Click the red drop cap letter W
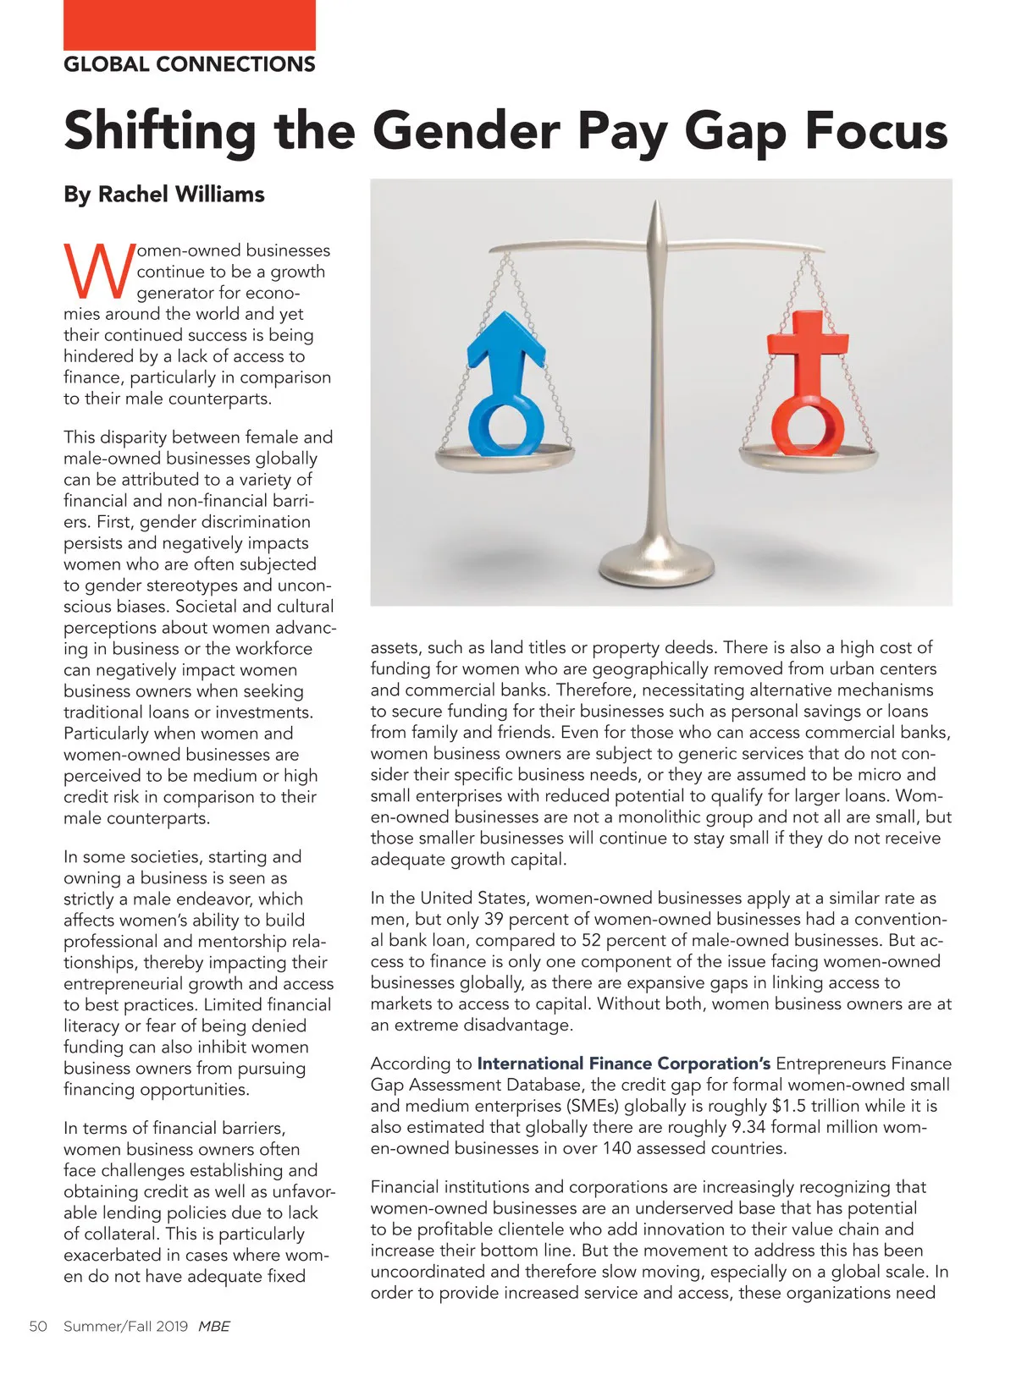98,271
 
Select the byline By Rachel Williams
164,195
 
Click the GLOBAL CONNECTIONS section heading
190,64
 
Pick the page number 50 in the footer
38,1326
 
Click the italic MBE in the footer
214,1326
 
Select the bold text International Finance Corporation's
624,1064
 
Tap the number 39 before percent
494,920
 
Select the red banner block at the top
190,25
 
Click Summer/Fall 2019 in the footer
125,1326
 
